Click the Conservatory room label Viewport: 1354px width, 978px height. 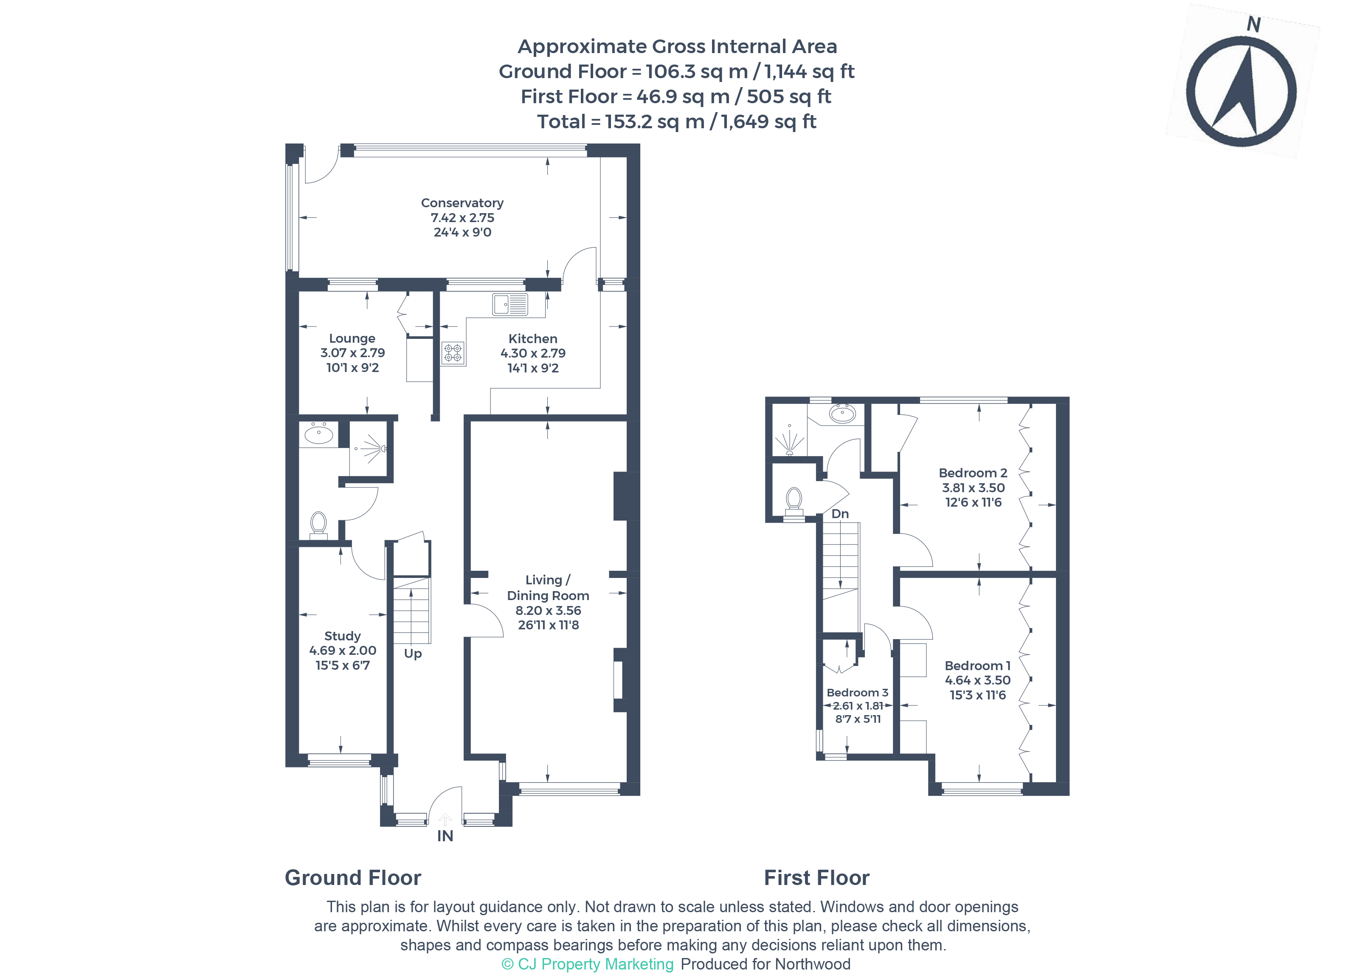pyautogui.click(x=462, y=203)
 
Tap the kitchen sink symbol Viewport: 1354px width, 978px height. pyautogui.click(x=510, y=304)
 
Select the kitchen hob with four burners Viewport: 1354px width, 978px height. pyautogui.click(x=453, y=353)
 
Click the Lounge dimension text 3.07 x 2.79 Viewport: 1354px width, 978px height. pyautogui.click(x=352, y=353)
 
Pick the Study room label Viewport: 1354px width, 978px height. pyautogui.click(x=342, y=636)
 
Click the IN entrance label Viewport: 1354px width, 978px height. pyautogui.click(x=445, y=836)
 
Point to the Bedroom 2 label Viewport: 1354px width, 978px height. pyautogui.click(x=973, y=473)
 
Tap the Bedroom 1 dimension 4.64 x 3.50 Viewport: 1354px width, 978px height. pyautogui.click(x=977, y=680)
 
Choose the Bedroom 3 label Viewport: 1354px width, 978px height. pyautogui.click(x=857, y=693)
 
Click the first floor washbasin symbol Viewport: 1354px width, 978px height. pyautogui.click(x=842, y=413)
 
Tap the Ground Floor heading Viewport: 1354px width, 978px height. pyautogui.click(x=353, y=878)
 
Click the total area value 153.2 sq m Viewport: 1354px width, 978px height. pyautogui.click(x=654, y=122)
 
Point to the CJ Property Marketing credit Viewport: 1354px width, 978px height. pyautogui.click(x=588, y=964)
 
